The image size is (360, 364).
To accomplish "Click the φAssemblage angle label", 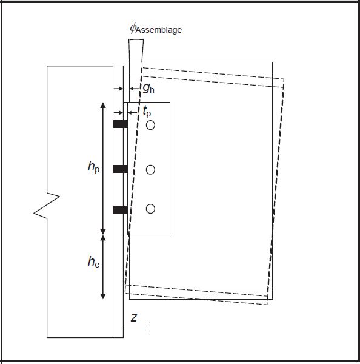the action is [x=156, y=29].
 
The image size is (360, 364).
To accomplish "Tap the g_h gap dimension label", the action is [x=148, y=89].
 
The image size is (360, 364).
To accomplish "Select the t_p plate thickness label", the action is [x=147, y=112].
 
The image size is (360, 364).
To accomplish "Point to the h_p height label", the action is [x=94, y=167].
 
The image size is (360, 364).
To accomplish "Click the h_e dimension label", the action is [x=94, y=261].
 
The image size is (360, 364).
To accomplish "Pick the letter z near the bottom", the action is [x=134, y=318].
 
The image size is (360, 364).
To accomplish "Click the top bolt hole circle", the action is [x=150, y=125].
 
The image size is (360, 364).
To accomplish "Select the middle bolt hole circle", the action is [x=150, y=170].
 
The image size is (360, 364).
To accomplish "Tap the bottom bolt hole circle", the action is [x=150, y=209].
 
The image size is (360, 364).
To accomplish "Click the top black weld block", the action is [x=120, y=124].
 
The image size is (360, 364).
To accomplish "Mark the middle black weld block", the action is [x=120, y=169].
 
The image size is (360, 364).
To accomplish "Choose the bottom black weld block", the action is [x=120, y=210].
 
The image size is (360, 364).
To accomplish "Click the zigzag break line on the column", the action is [x=47, y=206].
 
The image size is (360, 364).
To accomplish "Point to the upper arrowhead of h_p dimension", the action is [x=103, y=105].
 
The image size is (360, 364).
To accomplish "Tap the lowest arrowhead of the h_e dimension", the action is [x=103, y=296].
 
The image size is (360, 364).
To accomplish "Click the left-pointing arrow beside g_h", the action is [x=135, y=89].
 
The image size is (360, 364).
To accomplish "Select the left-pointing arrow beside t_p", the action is [x=133, y=113].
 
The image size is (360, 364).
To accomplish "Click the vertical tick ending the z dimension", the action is [x=150, y=326].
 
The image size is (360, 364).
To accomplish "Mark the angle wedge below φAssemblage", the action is [x=136, y=50].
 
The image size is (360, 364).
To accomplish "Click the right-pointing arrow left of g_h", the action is [x=118, y=89].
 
